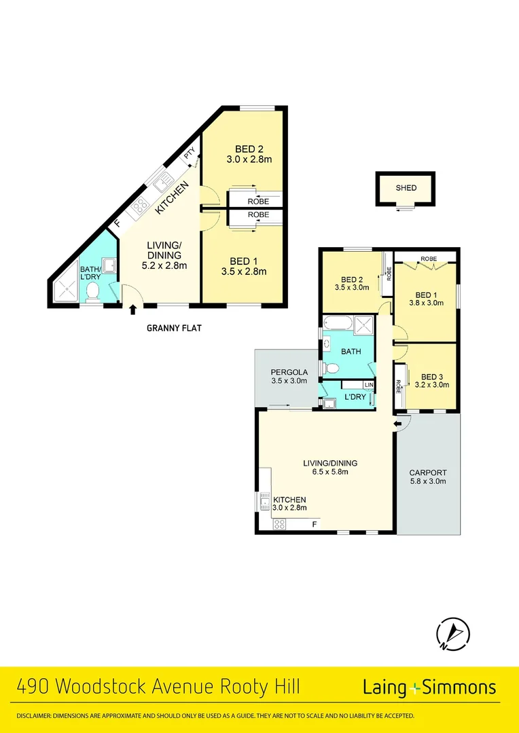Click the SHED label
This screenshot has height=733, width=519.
(406, 188)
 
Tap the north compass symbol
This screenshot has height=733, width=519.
(452, 634)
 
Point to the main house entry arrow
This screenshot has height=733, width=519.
(399, 425)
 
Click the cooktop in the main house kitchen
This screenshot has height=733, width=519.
(279, 523)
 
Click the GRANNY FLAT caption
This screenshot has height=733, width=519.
(174, 328)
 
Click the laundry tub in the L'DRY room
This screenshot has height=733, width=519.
(329, 404)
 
